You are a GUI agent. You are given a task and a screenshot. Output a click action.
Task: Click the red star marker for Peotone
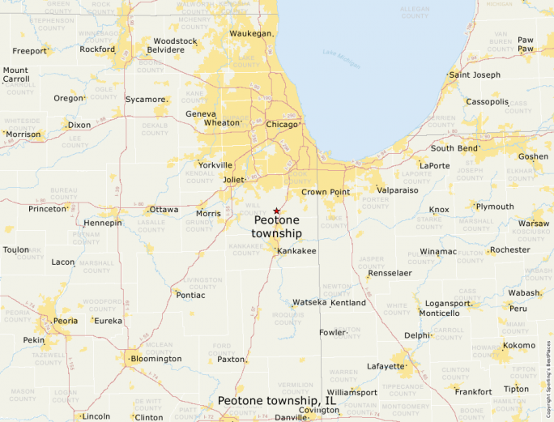(x=276, y=211)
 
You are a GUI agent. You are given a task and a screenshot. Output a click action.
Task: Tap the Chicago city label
(x=282, y=124)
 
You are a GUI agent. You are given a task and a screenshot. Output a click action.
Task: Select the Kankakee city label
(x=296, y=251)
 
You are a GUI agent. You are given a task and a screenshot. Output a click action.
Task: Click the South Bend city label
(x=453, y=148)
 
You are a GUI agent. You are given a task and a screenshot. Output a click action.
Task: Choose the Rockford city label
(x=97, y=49)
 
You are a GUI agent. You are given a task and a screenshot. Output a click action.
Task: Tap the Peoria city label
(x=66, y=321)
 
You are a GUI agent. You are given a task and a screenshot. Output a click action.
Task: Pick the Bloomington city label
(x=156, y=358)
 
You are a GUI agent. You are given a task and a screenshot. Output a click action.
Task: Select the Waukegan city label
(x=250, y=33)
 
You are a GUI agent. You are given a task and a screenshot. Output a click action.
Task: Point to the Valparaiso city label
(x=398, y=190)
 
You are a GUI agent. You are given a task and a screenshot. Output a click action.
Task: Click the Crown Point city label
(x=326, y=192)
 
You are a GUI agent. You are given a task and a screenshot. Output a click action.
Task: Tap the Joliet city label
(x=233, y=179)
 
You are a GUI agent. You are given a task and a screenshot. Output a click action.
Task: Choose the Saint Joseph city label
(x=475, y=75)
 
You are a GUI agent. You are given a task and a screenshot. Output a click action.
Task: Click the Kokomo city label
(x=518, y=345)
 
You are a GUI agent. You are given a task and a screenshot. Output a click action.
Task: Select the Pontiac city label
(x=190, y=295)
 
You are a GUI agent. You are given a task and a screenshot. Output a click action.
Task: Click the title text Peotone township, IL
(x=276, y=400)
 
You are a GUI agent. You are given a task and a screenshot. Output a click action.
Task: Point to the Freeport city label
(x=29, y=51)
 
